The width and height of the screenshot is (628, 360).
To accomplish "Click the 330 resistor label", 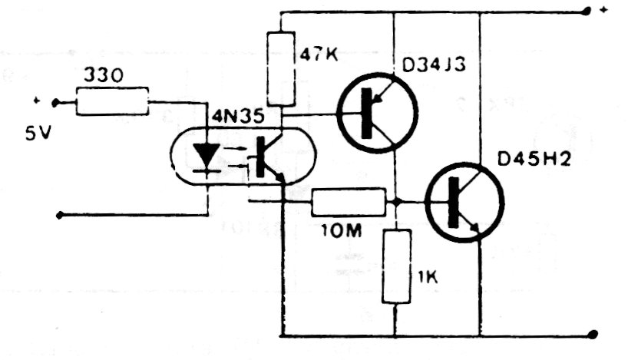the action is tap(104, 75).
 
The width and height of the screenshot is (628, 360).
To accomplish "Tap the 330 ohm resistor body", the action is tap(112, 101).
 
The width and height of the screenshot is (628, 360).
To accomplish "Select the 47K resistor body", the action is tap(281, 69).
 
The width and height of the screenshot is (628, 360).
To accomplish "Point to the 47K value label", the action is tap(319, 54).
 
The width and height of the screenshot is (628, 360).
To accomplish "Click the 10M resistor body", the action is tap(349, 202).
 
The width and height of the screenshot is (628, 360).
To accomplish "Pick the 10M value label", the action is tap(342, 231).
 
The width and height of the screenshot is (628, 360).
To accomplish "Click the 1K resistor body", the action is tap(396, 266).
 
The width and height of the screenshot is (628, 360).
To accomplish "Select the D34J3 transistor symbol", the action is tap(378, 113).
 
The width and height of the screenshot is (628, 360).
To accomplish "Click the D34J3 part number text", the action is tap(434, 66).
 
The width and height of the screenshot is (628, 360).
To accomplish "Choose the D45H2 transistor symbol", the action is tap(464, 203).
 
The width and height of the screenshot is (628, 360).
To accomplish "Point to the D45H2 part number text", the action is tap(534, 160).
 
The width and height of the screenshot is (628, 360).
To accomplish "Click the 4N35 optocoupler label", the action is tap(238, 117).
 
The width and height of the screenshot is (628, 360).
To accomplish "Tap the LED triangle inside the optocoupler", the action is tap(207, 155).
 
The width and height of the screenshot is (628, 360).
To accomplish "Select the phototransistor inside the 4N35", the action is tap(269, 158).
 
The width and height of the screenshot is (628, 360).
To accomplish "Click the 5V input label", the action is tap(38, 134).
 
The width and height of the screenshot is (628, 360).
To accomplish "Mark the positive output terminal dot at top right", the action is tap(587, 12).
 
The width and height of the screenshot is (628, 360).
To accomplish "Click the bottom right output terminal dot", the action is tap(593, 335).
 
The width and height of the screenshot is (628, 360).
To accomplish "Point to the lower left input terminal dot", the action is tap(59, 216).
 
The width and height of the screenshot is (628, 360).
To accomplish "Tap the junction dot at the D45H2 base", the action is tap(396, 202).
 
